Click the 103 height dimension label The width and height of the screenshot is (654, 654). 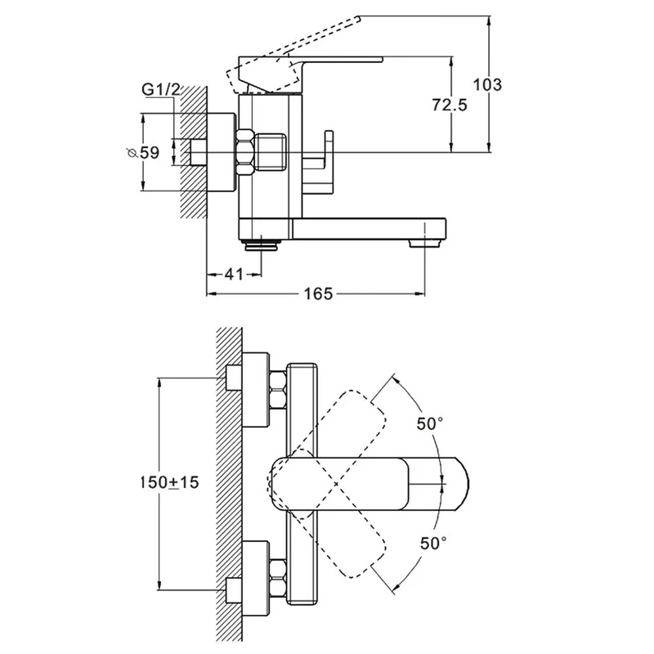coord(486,85)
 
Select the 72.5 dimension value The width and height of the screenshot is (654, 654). coord(449,105)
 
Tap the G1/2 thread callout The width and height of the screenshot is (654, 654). coord(160,90)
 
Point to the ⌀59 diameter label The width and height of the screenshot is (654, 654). coord(143,153)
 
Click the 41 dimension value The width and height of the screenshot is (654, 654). coord(234,274)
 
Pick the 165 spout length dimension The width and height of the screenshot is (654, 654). coord(318,294)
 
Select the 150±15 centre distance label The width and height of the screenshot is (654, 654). coord(169,482)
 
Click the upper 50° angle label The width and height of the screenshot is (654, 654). coord(430,423)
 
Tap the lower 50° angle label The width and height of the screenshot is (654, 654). coord(433,543)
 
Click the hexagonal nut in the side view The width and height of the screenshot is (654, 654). coord(245,152)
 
